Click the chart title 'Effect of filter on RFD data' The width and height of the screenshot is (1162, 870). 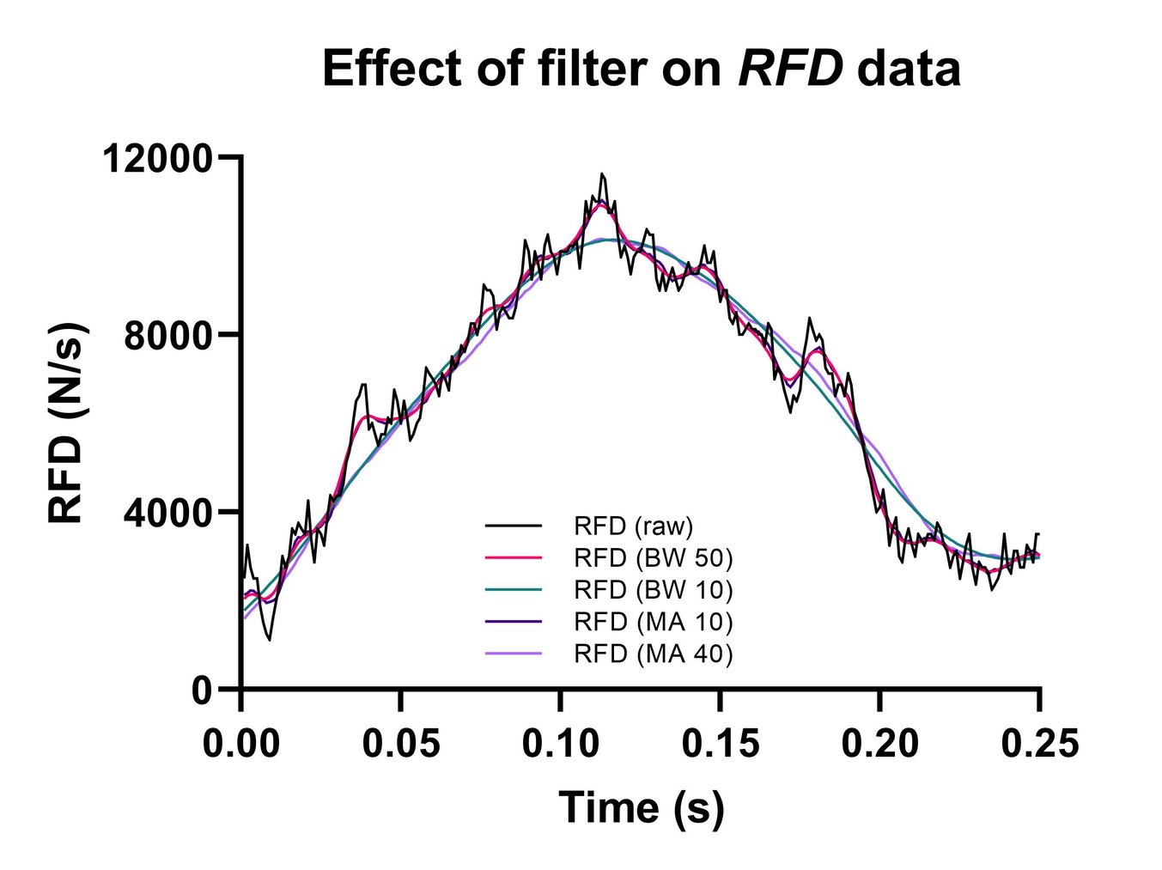tap(641, 69)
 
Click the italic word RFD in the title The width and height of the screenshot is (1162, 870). tap(791, 69)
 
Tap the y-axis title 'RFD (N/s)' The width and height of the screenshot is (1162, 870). tap(67, 423)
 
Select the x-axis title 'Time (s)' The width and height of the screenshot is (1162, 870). tap(641, 807)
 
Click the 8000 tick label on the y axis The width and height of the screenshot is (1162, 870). tap(167, 336)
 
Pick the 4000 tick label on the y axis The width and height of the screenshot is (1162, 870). tap(167, 513)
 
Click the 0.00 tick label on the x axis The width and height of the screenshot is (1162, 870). tap(241, 743)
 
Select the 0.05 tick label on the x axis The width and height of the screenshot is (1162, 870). tap(401, 743)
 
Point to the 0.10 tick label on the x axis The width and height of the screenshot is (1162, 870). tap(561, 743)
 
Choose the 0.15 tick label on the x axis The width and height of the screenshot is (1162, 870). tap(721, 743)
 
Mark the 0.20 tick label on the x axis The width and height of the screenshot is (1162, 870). tap(880, 743)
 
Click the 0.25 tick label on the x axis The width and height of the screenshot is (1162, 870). tap(1039, 743)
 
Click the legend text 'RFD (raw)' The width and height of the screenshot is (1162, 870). tap(633, 525)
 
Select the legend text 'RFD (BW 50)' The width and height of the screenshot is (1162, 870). tap(653, 557)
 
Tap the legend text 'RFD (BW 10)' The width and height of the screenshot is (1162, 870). tap(653, 589)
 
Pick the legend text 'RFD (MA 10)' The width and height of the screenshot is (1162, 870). tap(653, 621)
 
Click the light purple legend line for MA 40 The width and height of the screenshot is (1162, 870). tap(514, 654)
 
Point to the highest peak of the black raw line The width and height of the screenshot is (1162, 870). tap(602, 174)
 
